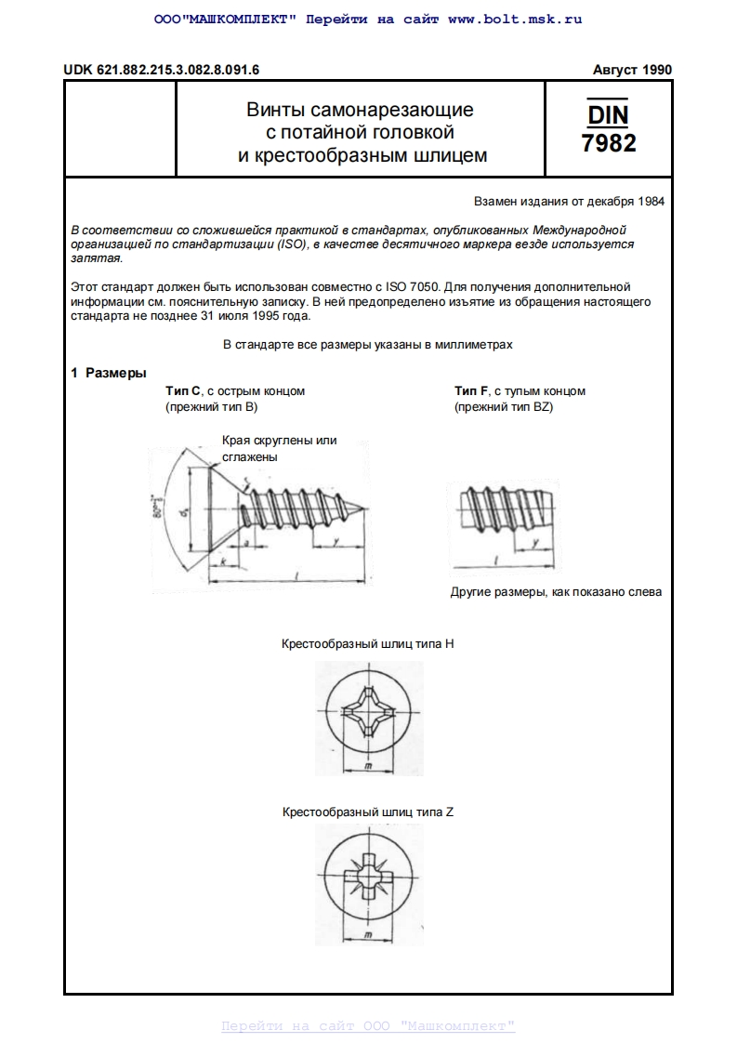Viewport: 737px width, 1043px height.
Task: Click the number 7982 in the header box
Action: coord(609,143)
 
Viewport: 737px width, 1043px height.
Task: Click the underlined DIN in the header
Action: coord(609,114)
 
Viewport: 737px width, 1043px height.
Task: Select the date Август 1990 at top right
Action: coord(632,70)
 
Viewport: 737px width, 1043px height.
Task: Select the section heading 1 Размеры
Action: coord(109,373)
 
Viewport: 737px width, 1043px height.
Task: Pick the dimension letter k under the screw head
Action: coord(223,562)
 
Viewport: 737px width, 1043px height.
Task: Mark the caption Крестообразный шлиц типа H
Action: coord(367,643)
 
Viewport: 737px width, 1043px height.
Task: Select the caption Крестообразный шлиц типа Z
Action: coord(367,812)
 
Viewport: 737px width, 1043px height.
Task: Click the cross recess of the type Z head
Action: coord(368,877)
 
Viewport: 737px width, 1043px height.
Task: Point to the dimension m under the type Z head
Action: coord(368,933)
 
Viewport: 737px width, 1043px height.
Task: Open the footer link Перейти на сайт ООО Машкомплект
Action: coord(367,1026)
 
